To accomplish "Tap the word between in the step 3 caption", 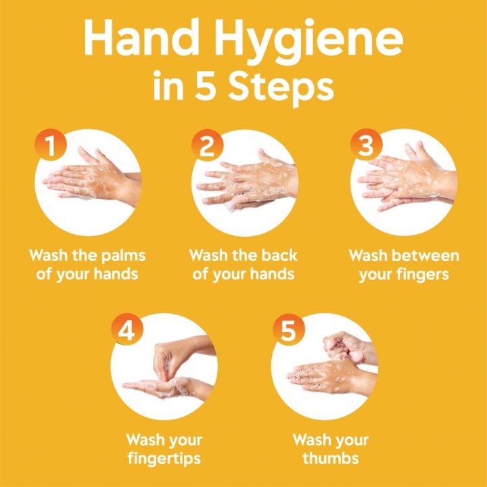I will pyautogui.click(x=424, y=256).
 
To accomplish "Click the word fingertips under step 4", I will pyautogui.click(x=164, y=459).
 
